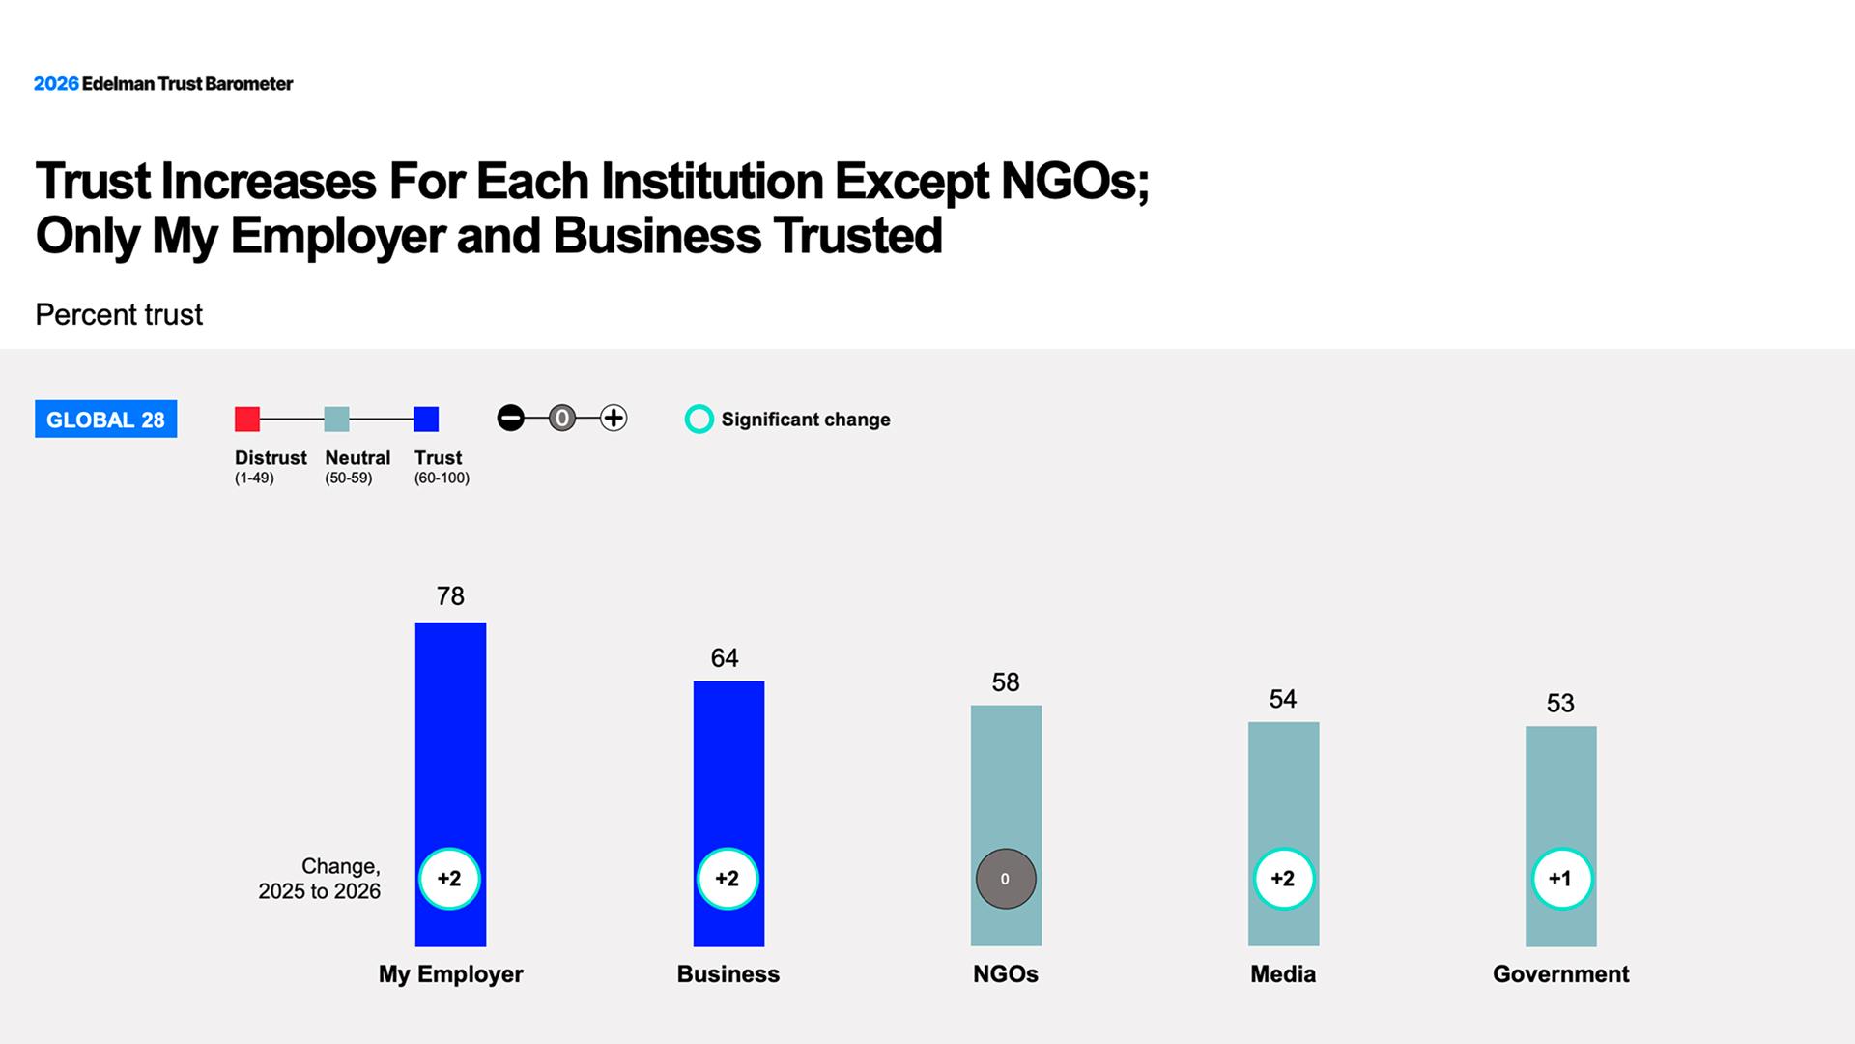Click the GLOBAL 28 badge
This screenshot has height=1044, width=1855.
point(106,420)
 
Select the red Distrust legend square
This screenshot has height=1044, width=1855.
point(247,419)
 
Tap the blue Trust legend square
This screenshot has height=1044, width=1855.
point(426,419)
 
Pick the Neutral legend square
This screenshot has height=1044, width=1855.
point(336,419)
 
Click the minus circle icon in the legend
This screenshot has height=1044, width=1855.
point(510,418)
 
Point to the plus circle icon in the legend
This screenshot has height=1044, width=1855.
point(614,418)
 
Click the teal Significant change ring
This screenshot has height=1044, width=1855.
point(699,420)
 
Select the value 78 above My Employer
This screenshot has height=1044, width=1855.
point(450,596)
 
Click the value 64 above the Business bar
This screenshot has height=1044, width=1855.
point(725,658)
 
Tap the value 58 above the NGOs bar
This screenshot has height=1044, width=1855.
point(1006,682)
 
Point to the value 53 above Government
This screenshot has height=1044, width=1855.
point(1560,704)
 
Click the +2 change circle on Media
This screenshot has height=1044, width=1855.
point(1283,879)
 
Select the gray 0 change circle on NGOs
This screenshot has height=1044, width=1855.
point(1006,879)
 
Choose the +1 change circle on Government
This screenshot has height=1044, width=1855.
point(1561,879)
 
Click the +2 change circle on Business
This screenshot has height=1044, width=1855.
point(728,879)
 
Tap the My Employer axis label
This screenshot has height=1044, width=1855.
point(450,974)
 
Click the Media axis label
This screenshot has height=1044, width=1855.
point(1283,974)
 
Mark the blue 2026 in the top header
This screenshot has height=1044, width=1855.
point(56,84)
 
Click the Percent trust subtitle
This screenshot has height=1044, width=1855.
point(119,315)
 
